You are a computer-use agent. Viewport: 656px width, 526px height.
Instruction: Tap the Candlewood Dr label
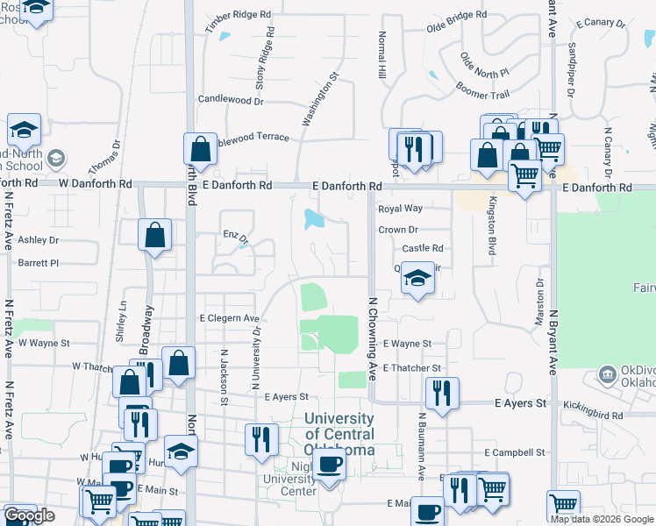[x=232, y=101]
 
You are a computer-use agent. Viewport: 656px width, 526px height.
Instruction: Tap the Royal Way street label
[x=400, y=209]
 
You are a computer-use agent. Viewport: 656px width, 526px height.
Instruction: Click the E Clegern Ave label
[x=230, y=318]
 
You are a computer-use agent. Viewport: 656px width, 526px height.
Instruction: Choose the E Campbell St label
[x=515, y=452]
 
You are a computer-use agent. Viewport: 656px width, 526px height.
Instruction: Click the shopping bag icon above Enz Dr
[x=155, y=235]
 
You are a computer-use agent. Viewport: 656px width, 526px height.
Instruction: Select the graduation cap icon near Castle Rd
[x=418, y=280]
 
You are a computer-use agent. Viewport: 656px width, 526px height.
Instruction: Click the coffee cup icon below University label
[x=329, y=464]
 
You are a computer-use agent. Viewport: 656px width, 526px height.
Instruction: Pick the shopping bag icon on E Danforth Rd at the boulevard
[x=201, y=150]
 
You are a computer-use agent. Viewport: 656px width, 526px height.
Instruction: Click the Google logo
[x=29, y=515]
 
